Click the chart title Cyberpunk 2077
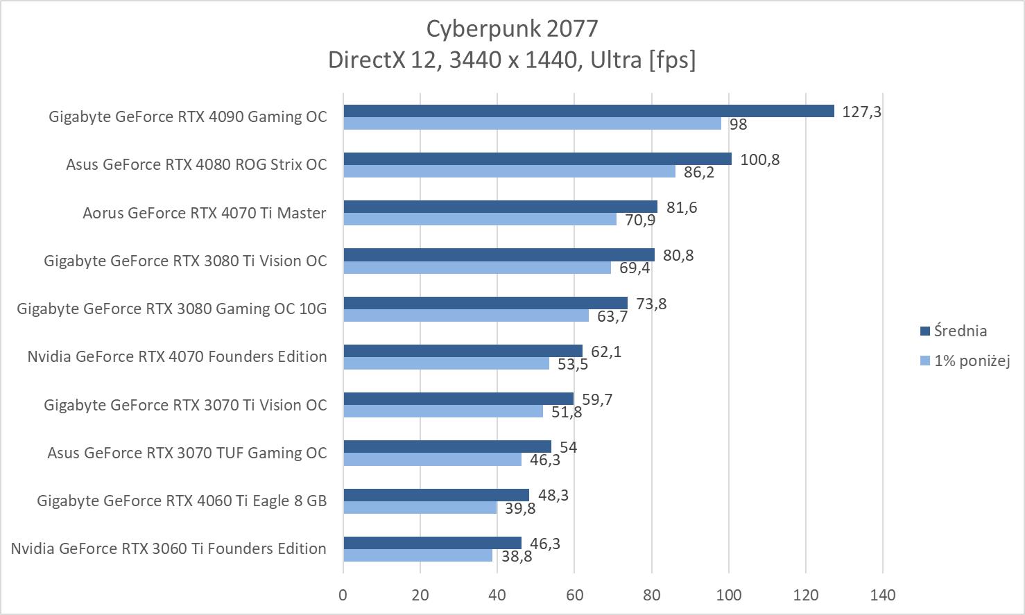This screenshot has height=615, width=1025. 512,28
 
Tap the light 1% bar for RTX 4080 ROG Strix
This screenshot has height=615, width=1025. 509,171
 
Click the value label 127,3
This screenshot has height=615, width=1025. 861,112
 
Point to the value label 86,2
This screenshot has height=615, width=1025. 698,172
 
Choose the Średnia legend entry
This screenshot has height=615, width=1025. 960,331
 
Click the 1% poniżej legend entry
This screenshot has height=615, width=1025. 971,361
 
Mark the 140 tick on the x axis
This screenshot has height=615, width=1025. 882,594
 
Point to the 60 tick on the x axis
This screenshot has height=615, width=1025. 574,594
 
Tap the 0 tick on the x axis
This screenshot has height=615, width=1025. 343,594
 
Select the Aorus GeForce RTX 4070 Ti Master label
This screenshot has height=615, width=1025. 205,213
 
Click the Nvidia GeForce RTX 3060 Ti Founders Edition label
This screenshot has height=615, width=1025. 169,548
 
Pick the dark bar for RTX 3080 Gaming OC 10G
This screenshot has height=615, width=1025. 485,303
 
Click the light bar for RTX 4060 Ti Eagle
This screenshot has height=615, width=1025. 420,508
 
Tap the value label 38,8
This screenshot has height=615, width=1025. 517,555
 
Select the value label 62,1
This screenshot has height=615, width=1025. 606,352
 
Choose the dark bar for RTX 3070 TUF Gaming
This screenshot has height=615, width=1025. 447,447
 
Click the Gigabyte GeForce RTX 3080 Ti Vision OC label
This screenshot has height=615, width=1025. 185,261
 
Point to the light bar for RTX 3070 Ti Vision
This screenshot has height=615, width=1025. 443,411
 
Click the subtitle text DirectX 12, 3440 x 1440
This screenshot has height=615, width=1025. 512,60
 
